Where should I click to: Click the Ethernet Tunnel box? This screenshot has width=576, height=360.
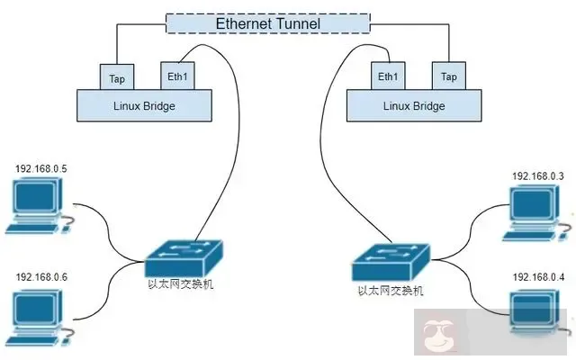267,22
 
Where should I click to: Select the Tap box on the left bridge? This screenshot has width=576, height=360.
117,76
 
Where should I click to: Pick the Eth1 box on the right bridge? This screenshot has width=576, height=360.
389,76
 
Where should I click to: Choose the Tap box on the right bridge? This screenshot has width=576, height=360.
447,76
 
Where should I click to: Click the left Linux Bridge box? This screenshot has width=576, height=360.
146,105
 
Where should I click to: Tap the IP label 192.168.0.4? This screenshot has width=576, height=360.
537,277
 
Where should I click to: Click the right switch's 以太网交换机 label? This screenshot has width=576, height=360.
390,291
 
